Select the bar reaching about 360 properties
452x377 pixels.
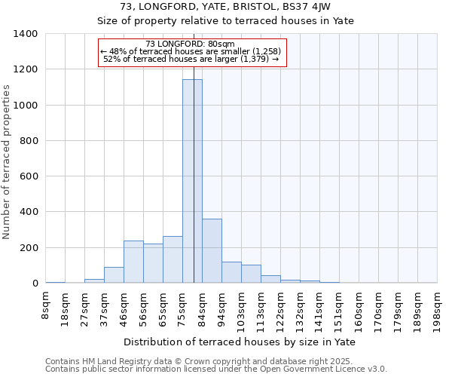(x=212, y=251)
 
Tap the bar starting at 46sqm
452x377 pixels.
(x=133, y=262)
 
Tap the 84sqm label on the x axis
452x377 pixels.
(x=202, y=308)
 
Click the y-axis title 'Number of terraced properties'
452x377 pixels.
(x=8, y=162)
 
